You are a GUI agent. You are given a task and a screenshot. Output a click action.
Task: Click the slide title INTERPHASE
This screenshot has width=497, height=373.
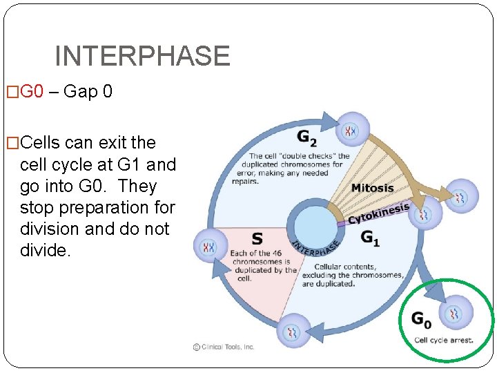coord(142,56)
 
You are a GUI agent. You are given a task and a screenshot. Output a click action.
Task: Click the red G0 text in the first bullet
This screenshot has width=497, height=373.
coord(32,92)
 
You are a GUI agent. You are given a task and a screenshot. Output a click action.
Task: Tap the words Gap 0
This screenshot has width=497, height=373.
coord(87,92)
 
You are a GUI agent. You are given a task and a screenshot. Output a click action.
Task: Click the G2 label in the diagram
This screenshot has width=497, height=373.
coord(307,137)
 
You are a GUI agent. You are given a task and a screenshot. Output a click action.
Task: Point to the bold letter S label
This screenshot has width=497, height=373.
coord(257,239)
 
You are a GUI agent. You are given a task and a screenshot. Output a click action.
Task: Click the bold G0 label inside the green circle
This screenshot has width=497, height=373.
coord(421,319)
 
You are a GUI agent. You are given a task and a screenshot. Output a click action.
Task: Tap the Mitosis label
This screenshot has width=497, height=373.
coord(372,188)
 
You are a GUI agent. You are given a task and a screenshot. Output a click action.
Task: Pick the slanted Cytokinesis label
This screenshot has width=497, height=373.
coord(378,213)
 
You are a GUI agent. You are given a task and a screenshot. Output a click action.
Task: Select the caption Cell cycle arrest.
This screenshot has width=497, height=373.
coord(443,340)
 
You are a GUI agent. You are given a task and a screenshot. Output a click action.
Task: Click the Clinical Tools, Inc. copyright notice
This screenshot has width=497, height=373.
coord(224,347)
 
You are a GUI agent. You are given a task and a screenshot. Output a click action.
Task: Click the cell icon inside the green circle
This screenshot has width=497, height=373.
coord(455,314)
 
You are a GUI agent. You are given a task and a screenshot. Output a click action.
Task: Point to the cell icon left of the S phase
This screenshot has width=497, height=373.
coord(208,247)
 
